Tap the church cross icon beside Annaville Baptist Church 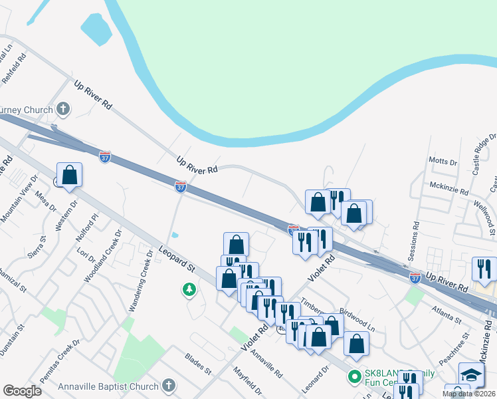click(x=169, y=386)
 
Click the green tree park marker click(x=189, y=289)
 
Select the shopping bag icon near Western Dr click(x=69, y=176)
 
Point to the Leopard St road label click(x=176, y=259)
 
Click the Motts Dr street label click(x=443, y=161)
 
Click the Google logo click(x=22, y=391)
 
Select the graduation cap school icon click(x=471, y=374)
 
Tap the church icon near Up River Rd click(x=63, y=108)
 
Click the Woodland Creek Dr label click(x=104, y=257)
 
